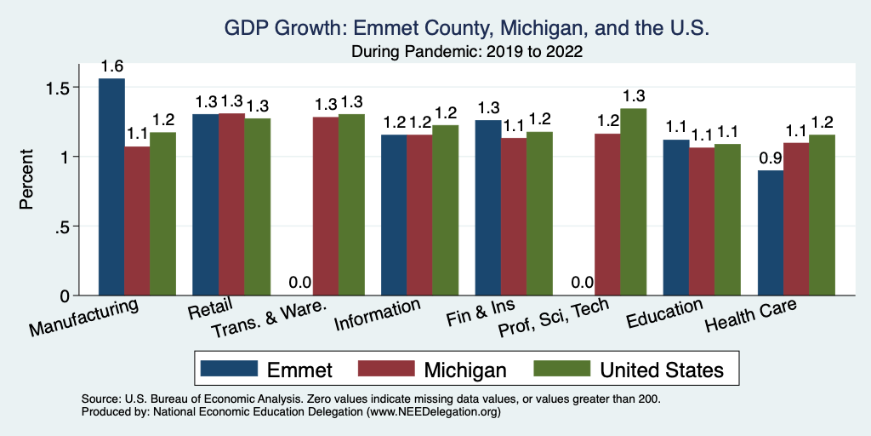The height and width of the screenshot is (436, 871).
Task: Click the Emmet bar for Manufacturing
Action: pos(111,187)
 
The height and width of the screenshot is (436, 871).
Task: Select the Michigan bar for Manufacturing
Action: pos(137,221)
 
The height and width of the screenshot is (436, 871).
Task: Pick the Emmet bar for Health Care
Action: pos(770,233)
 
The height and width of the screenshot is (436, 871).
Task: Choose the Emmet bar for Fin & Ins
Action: pos(487,208)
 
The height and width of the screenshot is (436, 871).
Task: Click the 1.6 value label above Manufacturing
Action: pos(111,66)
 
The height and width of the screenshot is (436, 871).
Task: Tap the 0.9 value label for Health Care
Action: pos(770,158)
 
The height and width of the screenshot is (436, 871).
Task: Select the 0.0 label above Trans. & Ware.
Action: pos(299,283)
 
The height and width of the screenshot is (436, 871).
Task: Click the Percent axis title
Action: pos(27,180)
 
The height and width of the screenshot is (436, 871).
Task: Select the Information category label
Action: pos(377,313)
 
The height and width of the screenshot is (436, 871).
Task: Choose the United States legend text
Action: pos(662,370)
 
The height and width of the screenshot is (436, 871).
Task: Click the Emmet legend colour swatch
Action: pos(229,369)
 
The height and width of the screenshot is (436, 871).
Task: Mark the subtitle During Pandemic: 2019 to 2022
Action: pos(467,52)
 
